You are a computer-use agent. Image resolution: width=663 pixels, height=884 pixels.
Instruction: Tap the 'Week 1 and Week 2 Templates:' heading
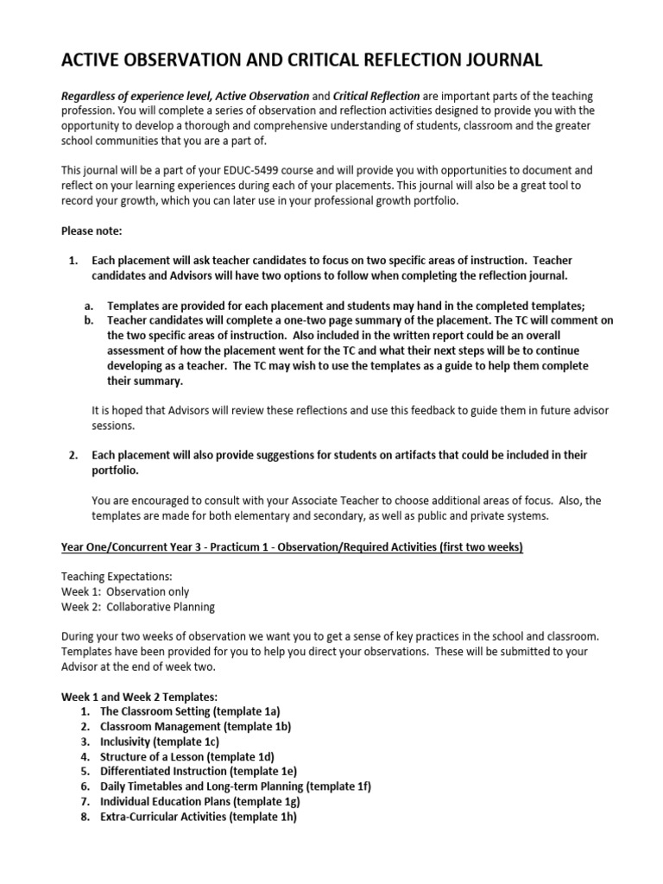[x=138, y=696]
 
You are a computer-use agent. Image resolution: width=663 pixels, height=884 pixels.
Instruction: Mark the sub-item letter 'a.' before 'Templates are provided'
[x=89, y=306]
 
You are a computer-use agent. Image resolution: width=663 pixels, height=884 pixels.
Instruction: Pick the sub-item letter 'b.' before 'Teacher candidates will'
[x=89, y=320]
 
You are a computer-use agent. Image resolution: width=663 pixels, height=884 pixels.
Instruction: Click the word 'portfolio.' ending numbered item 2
[x=115, y=470]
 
